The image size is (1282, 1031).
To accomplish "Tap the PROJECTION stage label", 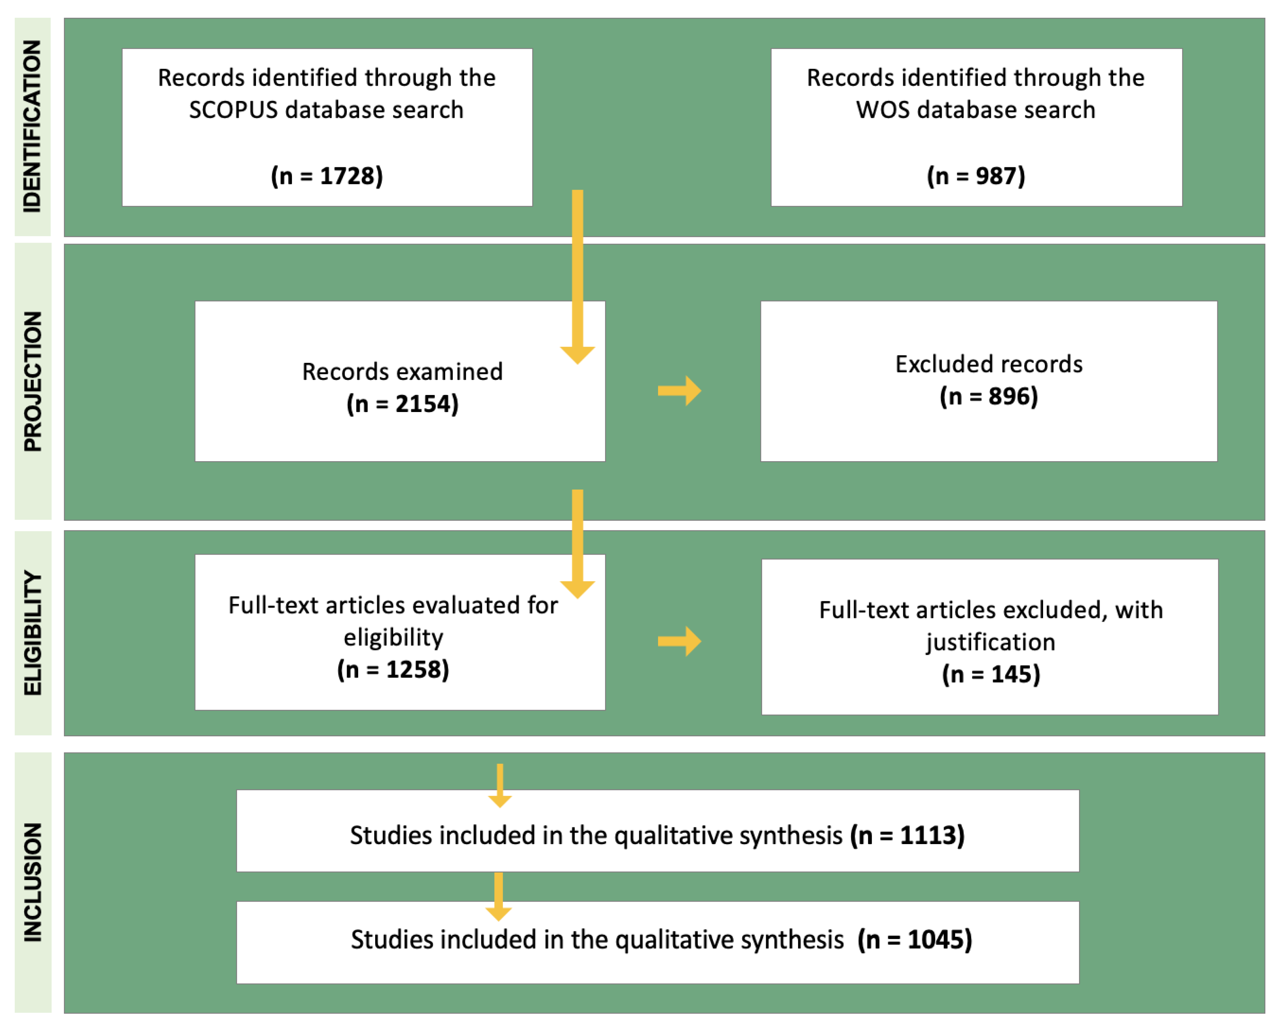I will click(x=33, y=381).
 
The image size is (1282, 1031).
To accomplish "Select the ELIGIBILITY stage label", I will click(x=33, y=633).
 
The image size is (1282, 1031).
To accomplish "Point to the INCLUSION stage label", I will click(x=33, y=882).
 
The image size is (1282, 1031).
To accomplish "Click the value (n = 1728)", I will click(x=327, y=176).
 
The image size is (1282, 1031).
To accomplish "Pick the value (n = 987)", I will click(x=976, y=176).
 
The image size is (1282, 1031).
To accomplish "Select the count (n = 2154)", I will click(x=402, y=404).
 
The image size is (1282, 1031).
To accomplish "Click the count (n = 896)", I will click(x=989, y=397).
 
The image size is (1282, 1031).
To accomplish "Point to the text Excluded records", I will click(x=989, y=364).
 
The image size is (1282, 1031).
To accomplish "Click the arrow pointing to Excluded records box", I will click(x=680, y=390).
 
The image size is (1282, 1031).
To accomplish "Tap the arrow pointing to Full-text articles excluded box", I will click(x=680, y=641).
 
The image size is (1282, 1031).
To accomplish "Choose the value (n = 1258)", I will click(x=393, y=670).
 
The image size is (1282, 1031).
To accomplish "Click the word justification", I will click(x=990, y=642).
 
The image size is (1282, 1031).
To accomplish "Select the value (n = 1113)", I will click(x=908, y=835).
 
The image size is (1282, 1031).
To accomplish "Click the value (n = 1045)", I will click(x=914, y=939).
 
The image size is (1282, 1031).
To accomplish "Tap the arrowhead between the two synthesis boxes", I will click(x=498, y=912).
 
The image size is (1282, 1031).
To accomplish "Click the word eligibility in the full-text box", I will click(x=393, y=638).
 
